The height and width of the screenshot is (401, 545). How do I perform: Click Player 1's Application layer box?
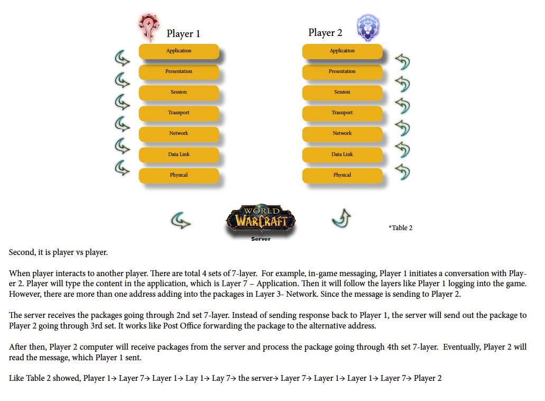point(179,51)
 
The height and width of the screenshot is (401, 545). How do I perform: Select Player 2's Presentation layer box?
point(343,72)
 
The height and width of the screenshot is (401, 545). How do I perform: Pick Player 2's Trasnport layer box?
point(343,113)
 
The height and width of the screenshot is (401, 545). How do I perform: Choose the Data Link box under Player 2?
point(343,155)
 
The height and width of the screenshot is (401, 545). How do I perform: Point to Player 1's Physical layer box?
point(179,176)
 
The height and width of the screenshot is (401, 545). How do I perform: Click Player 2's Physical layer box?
point(343,176)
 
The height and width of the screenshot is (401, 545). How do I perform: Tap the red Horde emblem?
point(149,27)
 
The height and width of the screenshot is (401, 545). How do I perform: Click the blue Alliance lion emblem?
point(368,28)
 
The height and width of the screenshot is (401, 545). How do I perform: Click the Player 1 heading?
point(183,33)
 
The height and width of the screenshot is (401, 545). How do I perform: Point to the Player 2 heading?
point(325,33)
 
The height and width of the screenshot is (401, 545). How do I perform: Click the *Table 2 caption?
point(400,228)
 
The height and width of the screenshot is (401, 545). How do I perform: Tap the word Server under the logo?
point(261,239)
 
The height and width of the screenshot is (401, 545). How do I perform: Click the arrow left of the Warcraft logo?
point(181,221)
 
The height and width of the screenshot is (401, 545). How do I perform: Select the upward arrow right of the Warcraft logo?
point(341,218)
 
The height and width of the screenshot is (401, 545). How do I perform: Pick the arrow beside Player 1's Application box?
point(122,58)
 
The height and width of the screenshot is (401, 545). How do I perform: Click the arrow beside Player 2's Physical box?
point(403,172)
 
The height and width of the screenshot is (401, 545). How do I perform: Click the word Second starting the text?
point(22,252)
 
